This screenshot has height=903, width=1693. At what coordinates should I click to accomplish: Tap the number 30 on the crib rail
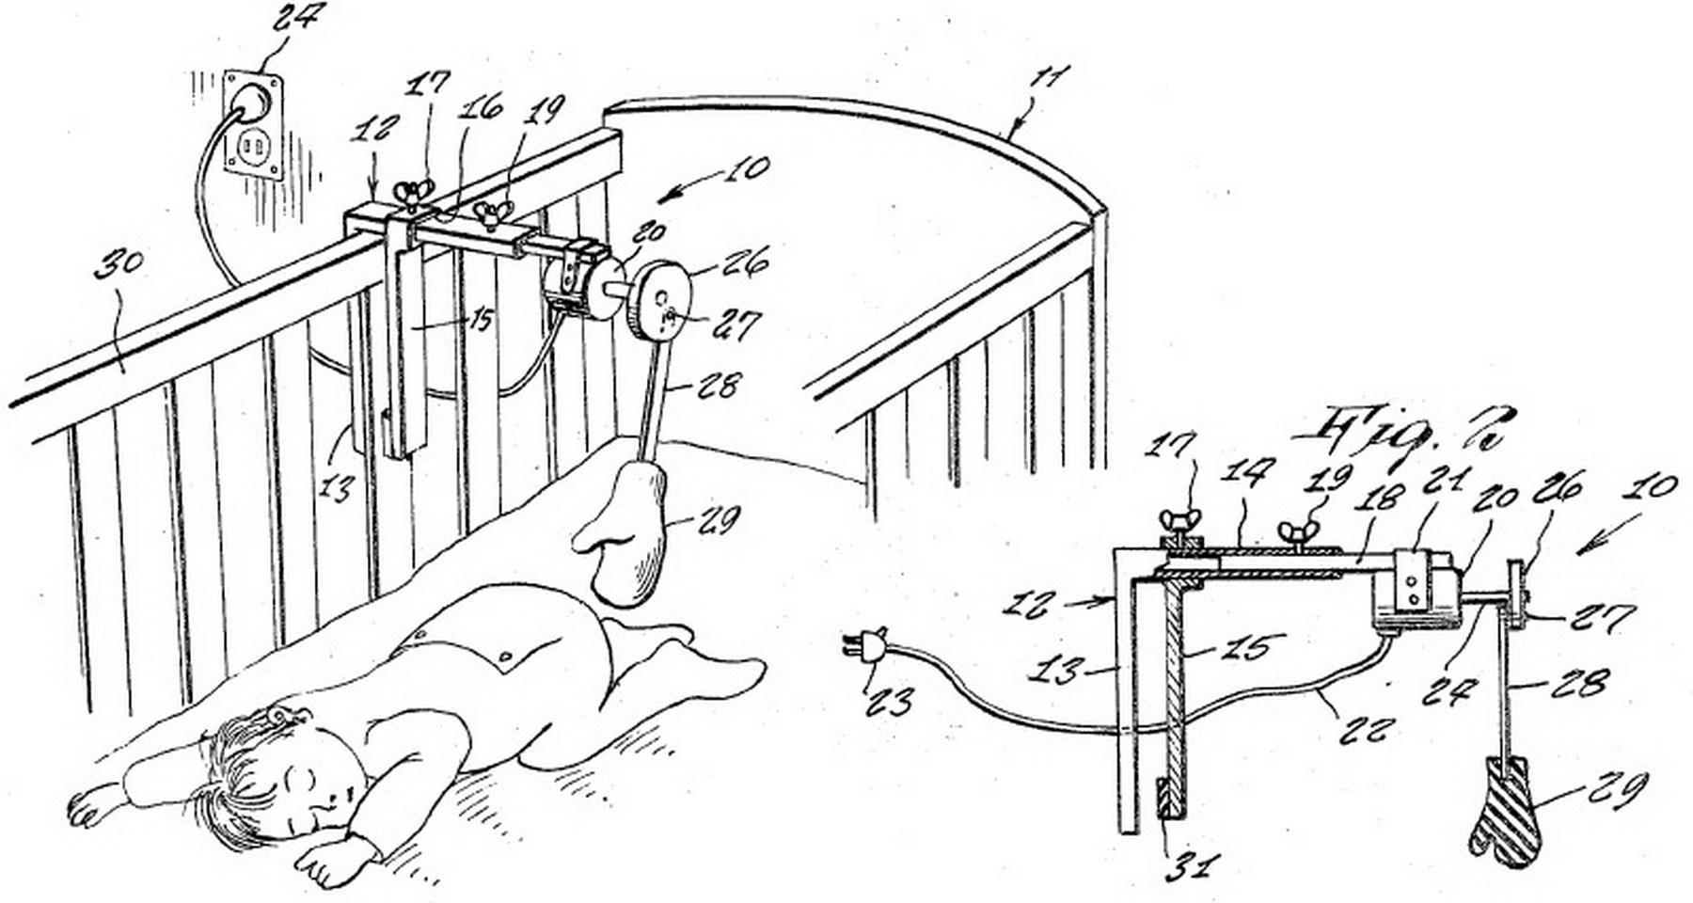tap(120, 273)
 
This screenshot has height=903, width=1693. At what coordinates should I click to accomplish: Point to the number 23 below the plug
tap(887, 701)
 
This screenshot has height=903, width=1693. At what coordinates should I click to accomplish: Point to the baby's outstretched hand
tap(90, 809)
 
